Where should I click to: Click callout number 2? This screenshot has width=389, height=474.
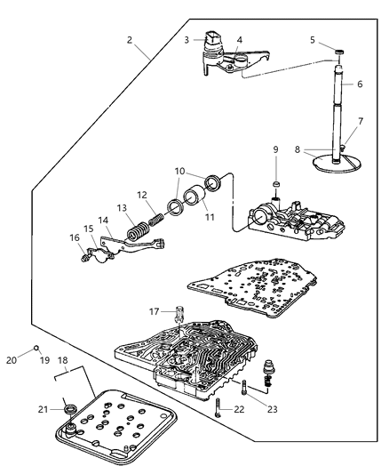[x=130, y=40]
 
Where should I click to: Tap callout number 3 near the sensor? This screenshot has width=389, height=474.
[x=186, y=40]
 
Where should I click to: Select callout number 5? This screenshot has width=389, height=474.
[x=313, y=40]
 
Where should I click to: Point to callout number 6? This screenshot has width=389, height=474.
[x=360, y=84]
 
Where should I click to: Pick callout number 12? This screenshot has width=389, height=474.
[x=140, y=194]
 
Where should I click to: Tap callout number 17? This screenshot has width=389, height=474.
[x=155, y=310]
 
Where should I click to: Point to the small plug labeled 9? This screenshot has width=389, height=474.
[x=275, y=185]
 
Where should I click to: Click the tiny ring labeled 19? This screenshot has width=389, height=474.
[x=36, y=347]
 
